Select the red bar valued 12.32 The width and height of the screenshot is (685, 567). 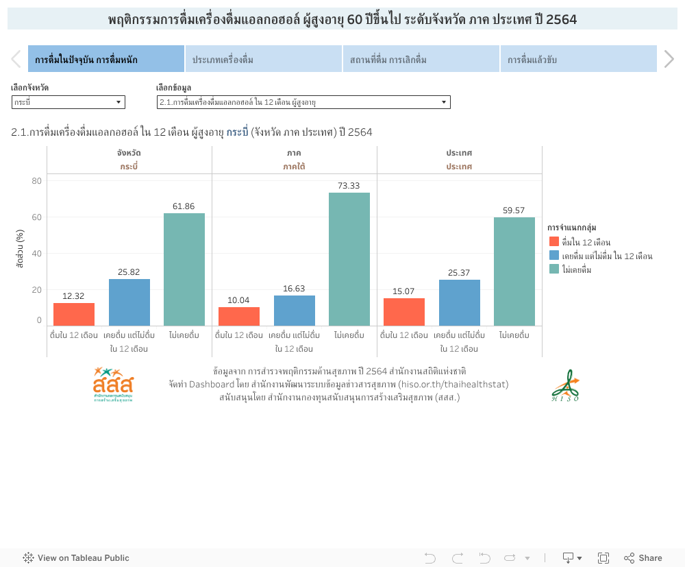click(74, 314)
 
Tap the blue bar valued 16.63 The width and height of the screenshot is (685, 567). click(295, 310)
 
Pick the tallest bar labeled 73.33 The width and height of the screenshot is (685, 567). click(349, 258)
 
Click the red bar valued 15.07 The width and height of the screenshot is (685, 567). click(404, 311)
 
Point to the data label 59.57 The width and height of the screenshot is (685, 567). click(514, 210)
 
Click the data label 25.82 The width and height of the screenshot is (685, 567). click(129, 272)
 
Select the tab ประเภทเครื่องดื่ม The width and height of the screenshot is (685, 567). click(264, 60)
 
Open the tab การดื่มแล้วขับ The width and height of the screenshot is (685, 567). click(578, 60)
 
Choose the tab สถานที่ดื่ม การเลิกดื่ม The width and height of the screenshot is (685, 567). click(421, 60)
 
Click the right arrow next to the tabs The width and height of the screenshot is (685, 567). click(669, 60)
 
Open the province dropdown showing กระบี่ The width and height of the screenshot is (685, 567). click(68, 102)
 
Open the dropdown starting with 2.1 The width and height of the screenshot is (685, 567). click(303, 102)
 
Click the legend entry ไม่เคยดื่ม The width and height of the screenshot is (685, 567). click(576, 269)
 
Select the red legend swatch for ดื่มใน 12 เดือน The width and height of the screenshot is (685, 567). click(554, 242)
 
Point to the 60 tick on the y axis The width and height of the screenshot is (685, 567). click(36, 217)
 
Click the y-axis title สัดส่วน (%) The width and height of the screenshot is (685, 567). click(20, 249)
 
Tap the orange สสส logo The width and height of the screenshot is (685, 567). click(113, 385)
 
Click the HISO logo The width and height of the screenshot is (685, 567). click(565, 385)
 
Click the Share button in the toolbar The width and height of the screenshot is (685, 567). click(643, 558)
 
